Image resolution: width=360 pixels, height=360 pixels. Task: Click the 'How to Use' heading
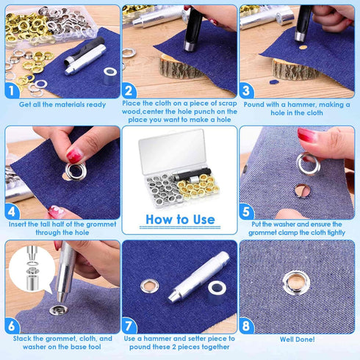point(180,219)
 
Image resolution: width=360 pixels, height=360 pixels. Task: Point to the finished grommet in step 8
point(298,279)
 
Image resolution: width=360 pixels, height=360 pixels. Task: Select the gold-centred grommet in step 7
point(151,284)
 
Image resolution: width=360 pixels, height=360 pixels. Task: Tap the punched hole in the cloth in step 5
point(300,191)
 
